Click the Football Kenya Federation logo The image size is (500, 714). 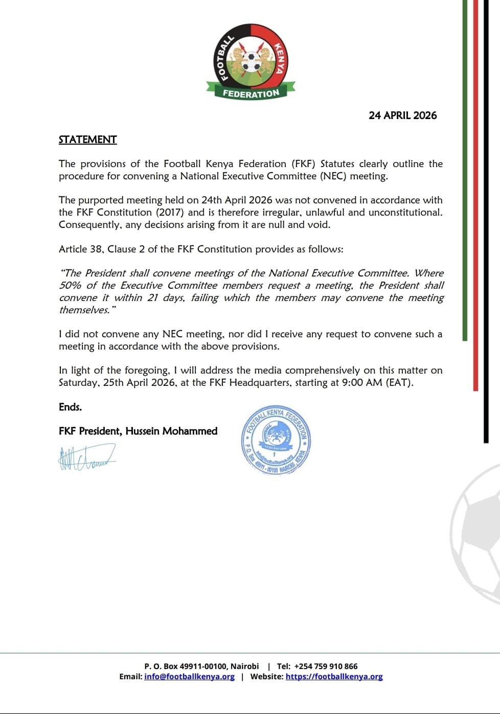(251, 61)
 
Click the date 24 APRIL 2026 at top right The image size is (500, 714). (402, 116)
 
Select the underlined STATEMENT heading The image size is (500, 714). (87, 140)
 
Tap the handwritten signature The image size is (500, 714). (86, 457)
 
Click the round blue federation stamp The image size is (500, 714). (276, 441)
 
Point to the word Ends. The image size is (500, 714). (70, 407)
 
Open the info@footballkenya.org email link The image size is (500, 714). (189, 676)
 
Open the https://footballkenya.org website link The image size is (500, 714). (334, 676)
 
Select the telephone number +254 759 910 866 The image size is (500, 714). (326, 666)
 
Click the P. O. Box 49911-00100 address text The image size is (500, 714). (201, 666)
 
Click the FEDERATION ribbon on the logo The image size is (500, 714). (251, 94)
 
